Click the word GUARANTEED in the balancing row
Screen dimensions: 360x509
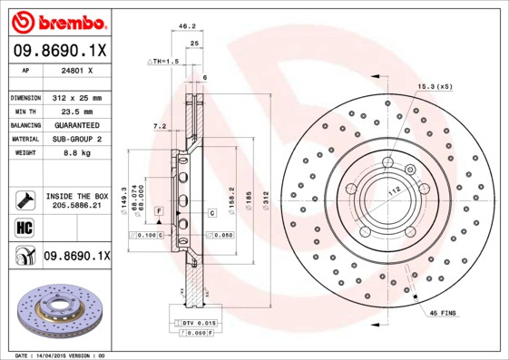point(75,124)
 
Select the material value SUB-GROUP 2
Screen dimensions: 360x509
point(75,139)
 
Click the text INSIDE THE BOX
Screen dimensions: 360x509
point(77,196)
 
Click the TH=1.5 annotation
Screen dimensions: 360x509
point(164,61)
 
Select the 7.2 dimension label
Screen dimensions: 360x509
point(159,125)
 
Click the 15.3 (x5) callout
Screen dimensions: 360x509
point(435,85)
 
